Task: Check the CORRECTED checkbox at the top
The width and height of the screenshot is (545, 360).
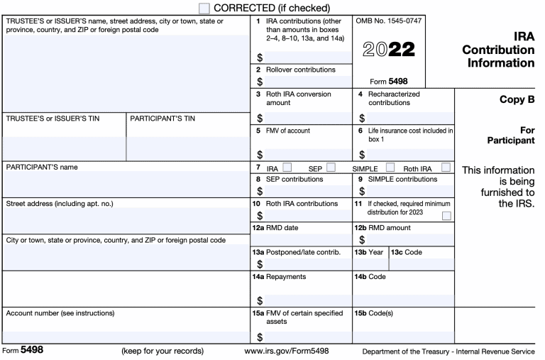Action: pyautogui.click(x=204, y=8)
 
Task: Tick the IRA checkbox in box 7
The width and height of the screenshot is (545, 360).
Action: pyautogui.click(x=287, y=168)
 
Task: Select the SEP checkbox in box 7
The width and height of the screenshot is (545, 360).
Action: pyautogui.click(x=331, y=168)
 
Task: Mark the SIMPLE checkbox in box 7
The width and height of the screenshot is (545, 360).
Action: pyautogui.click(x=390, y=168)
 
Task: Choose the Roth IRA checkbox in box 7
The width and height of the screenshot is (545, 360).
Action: pyautogui.click(x=446, y=168)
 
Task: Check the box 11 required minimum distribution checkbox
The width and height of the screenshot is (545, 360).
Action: pyautogui.click(x=446, y=215)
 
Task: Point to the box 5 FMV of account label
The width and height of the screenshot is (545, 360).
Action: pyautogui.click(x=287, y=131)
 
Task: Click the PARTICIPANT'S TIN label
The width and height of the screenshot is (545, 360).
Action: pyautogui.click(x=163, y=119)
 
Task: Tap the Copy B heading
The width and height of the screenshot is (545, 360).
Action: pyautogui.click(x=516, y=100)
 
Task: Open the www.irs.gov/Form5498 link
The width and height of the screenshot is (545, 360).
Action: pyautogui.click(x=286, y=351)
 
